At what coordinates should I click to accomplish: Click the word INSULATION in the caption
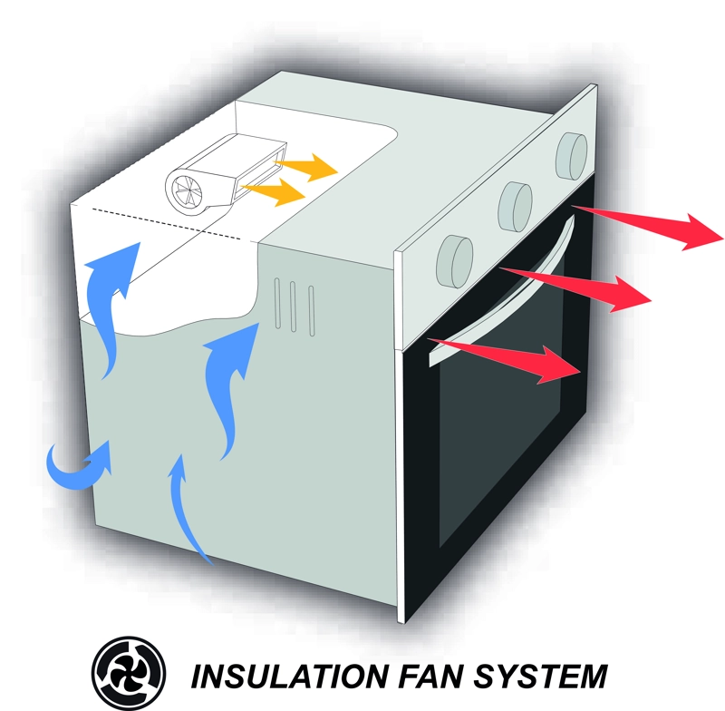[289, 677]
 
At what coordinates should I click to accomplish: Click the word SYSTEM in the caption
[540, 677]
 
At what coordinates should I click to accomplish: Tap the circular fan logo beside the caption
[129, 674]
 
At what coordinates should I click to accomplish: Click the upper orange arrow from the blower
[306, 167]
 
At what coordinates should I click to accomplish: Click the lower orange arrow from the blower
[274, 191]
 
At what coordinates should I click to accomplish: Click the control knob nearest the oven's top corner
[572, 156]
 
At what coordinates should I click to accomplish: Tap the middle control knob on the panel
[515, 207]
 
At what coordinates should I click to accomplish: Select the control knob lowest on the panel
[455, 261]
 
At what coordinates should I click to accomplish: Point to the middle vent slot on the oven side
[293, 307]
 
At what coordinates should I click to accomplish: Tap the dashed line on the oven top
[167, 224]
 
